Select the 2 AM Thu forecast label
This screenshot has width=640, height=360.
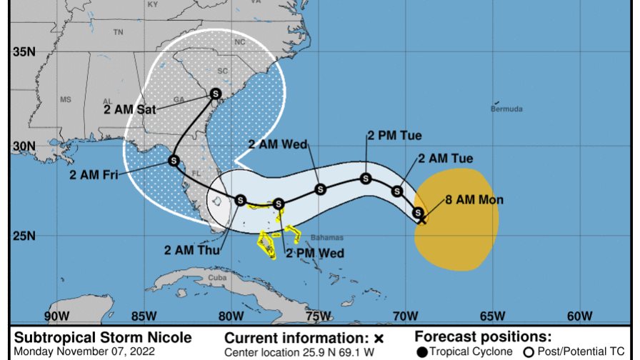[x=192, y=249]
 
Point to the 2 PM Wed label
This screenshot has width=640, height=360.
[x=315, y=253]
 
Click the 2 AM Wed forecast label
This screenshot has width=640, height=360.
[x=278, y=144]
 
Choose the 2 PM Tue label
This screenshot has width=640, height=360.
[x=394, y=135]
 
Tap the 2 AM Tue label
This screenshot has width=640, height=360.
[x=445, y=158]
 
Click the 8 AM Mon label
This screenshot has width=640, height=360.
[x=475, y=200]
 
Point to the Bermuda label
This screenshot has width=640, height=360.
[x=506, y=109]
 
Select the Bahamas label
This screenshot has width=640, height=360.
[x=327, y=237]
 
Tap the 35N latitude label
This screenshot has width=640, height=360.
[x=23, y=52]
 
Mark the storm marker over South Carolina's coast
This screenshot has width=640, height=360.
[x=216, y=94]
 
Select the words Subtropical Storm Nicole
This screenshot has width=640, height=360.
[x=103, y=338]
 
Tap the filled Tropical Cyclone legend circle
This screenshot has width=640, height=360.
[x=422, y=351]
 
